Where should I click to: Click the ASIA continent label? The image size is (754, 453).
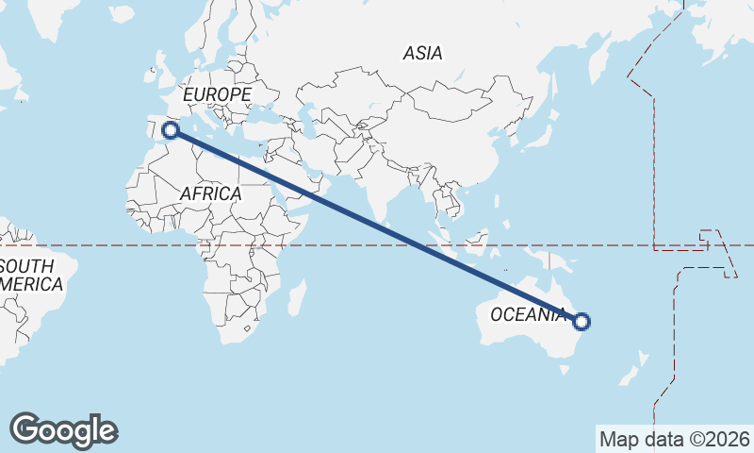(x=422, y=54)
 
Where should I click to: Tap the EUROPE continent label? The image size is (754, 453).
(x=217, y=95)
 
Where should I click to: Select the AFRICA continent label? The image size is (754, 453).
(x=210, y=193)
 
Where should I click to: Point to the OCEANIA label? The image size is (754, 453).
(x=528, y=314)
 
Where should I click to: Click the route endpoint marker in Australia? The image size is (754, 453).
(x=582, y=322)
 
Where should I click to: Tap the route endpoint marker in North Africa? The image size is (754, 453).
(x=171, y=130)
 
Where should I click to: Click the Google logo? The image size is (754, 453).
(x=64, y=430)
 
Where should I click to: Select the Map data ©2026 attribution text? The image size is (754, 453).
(x=675, y=439)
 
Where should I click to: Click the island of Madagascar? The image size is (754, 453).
(x=296, y=298)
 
